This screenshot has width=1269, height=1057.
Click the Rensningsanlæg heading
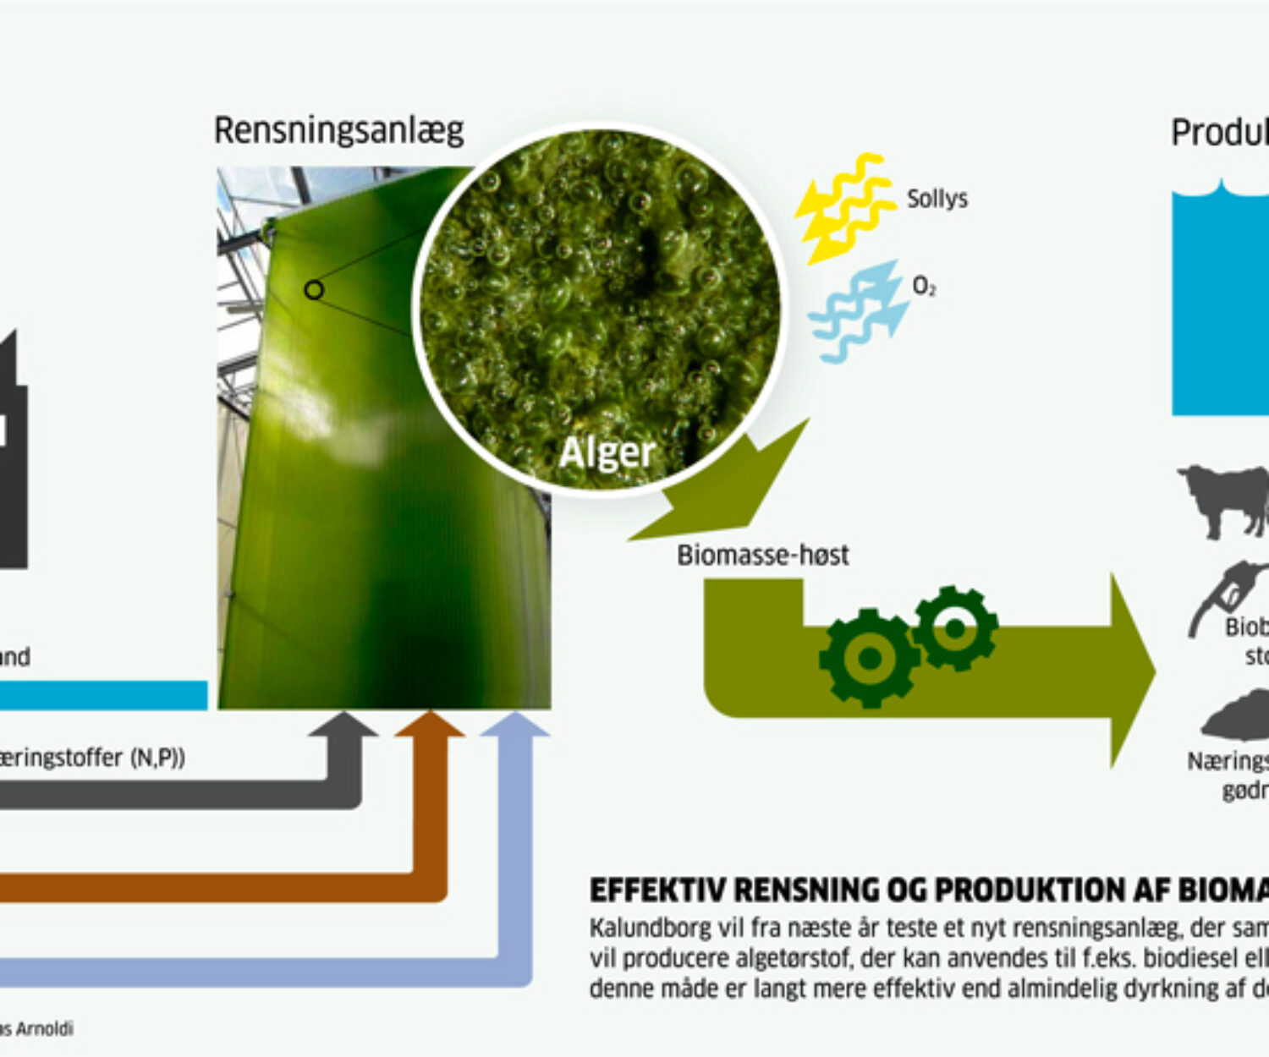pos(338,131)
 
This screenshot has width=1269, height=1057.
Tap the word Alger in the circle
pos(607,452)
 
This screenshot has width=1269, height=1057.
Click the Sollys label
pos(937,200)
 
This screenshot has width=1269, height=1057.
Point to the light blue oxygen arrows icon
pos(859,311)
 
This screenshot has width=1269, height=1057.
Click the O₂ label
pos(924,288)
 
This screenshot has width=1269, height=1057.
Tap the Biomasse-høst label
pos(762,556)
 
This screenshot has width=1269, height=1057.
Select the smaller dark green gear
pos(955,628)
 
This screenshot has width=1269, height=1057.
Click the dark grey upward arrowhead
pos(343,726)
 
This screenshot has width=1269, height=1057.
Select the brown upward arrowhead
pos(430,726)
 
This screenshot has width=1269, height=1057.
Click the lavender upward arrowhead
pos(515,726)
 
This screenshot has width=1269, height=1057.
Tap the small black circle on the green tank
pos(314,290)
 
